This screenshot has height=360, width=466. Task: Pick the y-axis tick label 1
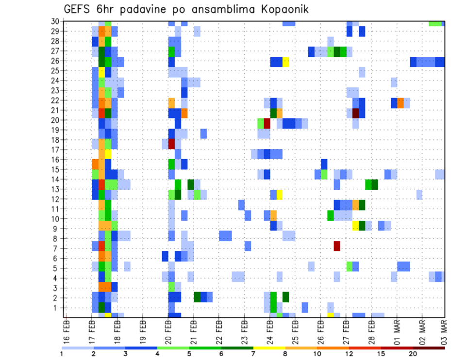(x=57, y=308)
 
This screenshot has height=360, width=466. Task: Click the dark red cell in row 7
(x=337, y=246)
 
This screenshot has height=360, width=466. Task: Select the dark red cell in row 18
(x=171, y=144)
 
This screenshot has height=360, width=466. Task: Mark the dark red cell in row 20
(x=267, y=123)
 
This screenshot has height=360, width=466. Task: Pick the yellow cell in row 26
(x=286, y=62)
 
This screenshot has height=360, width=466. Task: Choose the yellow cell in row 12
(x=280, y=195)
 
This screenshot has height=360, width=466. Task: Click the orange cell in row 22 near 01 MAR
(x=400, y=103)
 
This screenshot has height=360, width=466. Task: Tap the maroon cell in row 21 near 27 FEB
(x=356, y=113)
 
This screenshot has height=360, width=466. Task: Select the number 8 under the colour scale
(x=285, y=354)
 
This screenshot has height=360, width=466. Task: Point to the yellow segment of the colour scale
(x=269, y=348)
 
